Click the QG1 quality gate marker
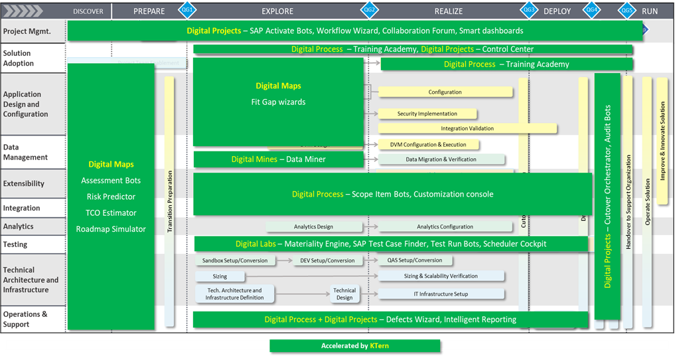point(187,11)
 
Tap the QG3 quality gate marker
point(529,11)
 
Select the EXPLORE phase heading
point(277,11)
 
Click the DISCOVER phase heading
point(88,11)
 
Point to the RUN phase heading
point(650,11)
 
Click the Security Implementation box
point(427,114)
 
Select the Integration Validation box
point(467,129)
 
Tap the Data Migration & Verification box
point(441,159)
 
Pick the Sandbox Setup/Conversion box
point(236,261)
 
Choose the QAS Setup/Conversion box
point(415,261)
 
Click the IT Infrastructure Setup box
point(441,294)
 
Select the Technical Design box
point(344,294)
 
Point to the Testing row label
point(15,245)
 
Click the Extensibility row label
point(24,184)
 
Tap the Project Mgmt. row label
point(27,31)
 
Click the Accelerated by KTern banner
point(354,346)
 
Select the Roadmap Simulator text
point(111,229)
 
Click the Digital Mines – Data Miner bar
point(278,159)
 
